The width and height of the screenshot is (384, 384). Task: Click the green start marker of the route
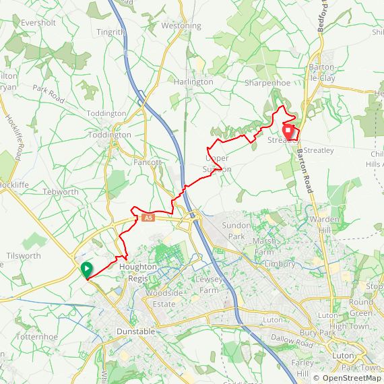pyautogui.click(x=87, y=269)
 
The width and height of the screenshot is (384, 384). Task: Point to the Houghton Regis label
pyautogui.click(x=138, y=267)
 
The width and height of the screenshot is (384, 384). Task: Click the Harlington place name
pyautogui.click(x=194, y=82)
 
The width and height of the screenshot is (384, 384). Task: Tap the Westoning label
pyautogui.click(x=181, y=26)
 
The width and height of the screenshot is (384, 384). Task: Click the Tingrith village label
pyautogui.click(x=110, y=32)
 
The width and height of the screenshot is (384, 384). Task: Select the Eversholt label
pyautogui.click(x=37, y=22)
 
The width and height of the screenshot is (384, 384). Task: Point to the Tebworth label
pyautogui.click(x=61, y=191)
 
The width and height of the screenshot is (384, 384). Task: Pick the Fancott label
pyautogui.click(x=147, y=162)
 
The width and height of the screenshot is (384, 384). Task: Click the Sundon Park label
pyautogui.click(x=236, y=232)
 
